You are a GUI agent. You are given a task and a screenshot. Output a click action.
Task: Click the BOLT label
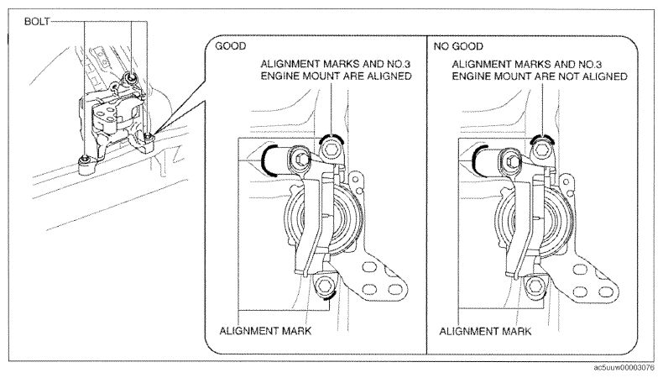[x=37, y=21]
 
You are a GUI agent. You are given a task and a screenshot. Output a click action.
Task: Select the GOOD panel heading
[x=231, y=46]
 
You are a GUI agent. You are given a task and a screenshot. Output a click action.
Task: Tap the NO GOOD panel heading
[x=458, y=46]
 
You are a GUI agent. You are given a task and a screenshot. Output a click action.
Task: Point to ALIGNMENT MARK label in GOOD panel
[x=265, y=331]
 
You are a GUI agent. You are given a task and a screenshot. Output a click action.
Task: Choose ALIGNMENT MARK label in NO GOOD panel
[x=485, y=331]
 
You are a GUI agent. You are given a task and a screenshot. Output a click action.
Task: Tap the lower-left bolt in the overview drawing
[x=86, y=160]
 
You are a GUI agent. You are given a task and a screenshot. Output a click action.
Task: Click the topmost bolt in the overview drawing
[x=130, y=77]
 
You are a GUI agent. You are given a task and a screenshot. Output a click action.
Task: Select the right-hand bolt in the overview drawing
[x=148, y=137]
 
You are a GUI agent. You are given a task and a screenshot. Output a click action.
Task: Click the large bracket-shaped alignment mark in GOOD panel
[x=268, y=160]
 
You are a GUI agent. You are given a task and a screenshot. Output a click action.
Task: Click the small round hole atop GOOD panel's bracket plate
[x=356, y=180]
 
